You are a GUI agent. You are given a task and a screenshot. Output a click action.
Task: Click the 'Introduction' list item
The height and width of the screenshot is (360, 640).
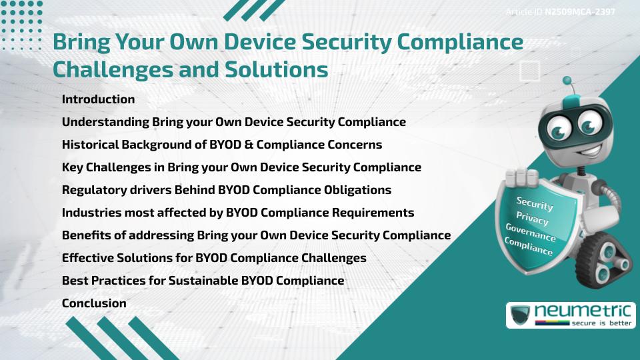(x=98, y=99)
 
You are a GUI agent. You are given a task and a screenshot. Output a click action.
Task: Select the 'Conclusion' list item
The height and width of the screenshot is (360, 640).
(x=94, y=303)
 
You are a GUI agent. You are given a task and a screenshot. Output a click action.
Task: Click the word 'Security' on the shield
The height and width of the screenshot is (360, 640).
(x=534, y=204)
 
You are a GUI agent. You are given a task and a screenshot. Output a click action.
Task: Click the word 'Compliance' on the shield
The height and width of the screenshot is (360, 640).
(x=529, y=247)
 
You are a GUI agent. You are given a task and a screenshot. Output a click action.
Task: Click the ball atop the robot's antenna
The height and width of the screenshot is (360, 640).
(x=567, y=81)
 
